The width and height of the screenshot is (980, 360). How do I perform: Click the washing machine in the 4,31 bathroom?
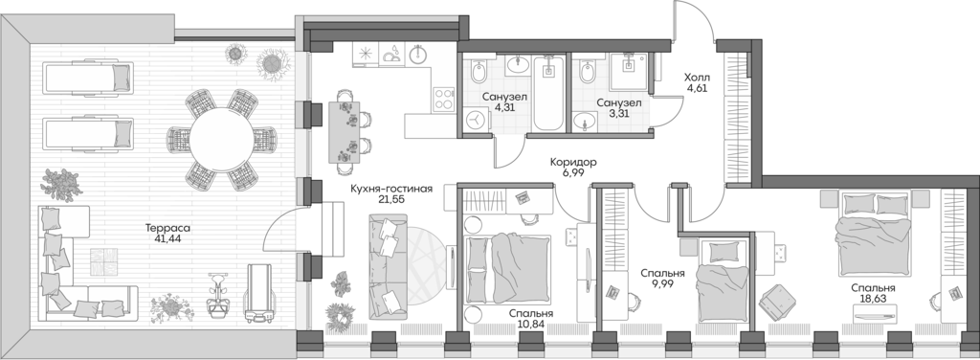coord(479,118)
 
